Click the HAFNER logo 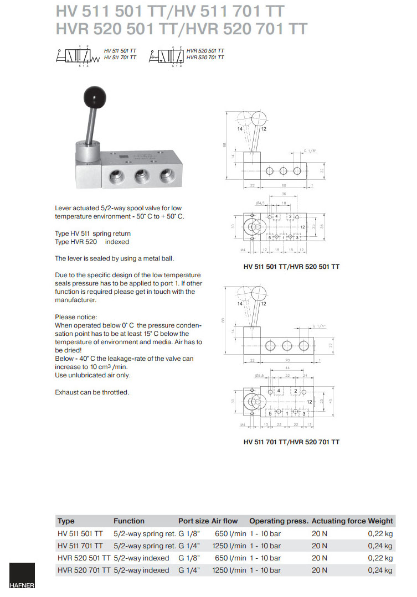[22, 576]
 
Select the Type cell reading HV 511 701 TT [80, 546]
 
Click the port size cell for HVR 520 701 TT [189, 570]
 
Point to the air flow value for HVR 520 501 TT [226, 558]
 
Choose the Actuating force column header [338, 521]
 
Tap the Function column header [129, 521]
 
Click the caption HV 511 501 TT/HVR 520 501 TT [291, 267]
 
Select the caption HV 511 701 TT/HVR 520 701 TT [291, 442]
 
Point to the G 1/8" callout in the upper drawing [312, 150]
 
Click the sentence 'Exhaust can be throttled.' [92, 392]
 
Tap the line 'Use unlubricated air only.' [93, 375]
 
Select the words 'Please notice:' [76, 316]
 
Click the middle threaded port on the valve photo [140, 177]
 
